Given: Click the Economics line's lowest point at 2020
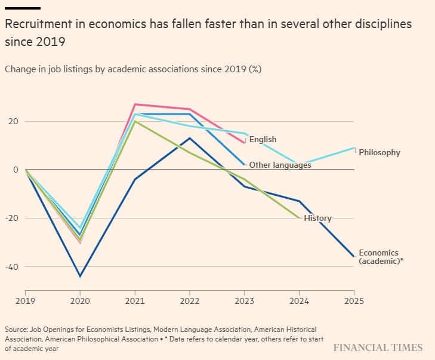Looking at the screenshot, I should pyautogui.click(x=80, y=276).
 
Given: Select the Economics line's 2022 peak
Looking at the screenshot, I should pyautogui.click(x=190, y=138).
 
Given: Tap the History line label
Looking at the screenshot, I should pyautogui.click(x=317, y=219).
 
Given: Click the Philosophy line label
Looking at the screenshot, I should pyautogui.click(x=380, y=153).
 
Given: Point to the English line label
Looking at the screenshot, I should pyautogui.click(x=263, y=140).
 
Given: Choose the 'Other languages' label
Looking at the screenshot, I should pyautogui.click(x=280, y=165).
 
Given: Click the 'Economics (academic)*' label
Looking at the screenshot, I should pyautogui.click(x=381, y=257).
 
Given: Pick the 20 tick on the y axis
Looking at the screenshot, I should pyautogui.click(x=13, y=121).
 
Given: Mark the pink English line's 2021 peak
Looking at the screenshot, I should pyautogui.click(x=135, y=104).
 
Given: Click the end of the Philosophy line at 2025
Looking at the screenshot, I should pyautogui.click(x=354, y=148).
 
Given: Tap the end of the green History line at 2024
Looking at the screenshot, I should pyautogui.click(x=299, y=218).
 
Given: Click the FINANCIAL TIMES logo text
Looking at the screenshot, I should pyautogui.click(x=378, y=347).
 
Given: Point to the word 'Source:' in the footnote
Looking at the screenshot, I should pyautogui.click(x=17, y=330).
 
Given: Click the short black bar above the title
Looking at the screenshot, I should pyautogui.click(x=23, y=8).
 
